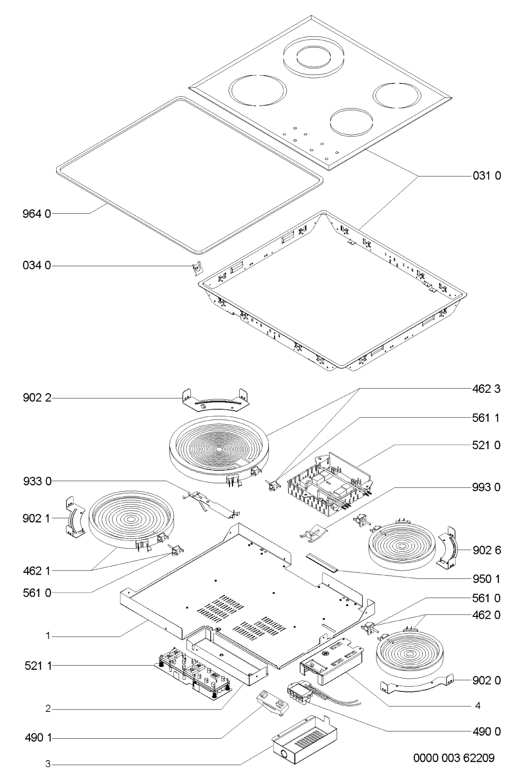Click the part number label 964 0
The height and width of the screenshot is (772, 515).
coord(37,214)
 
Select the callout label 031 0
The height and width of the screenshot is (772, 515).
coord(487,176)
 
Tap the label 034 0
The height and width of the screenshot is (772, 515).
coord(37,266)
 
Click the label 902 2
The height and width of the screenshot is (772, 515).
coord(37,398)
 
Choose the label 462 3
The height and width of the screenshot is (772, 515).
coord(486,389)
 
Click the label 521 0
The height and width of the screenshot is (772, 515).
coord(486,445)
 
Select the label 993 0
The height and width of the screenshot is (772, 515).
coord(486,487)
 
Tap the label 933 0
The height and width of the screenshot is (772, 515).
coord(37,481)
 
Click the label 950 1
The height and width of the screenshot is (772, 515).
coord(486,579)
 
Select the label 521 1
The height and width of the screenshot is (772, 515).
coord(38,666)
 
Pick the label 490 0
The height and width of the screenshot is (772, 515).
coord(486,731)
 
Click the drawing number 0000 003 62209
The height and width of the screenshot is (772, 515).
coord(454,758)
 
